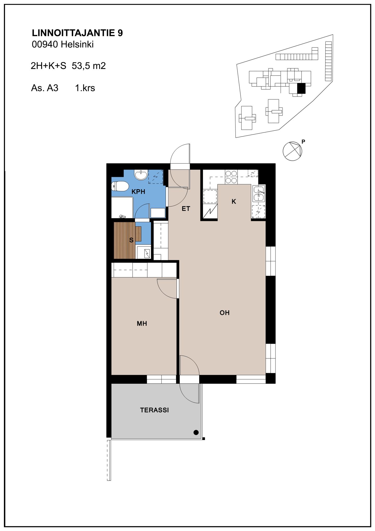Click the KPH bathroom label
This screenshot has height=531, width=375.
click(x=138, y=192)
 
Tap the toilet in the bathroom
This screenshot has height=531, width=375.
click(x=120, y=186)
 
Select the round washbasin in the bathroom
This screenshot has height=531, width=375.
click(x=141, y=175)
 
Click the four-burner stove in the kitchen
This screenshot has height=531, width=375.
click(x=231, y=177)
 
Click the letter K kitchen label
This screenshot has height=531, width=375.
click(x=234, y=202)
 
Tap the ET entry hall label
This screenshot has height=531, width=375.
click(x=186, y=209)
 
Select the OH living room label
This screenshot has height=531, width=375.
click(x=224, y=313)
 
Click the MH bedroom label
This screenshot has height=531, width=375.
click(x=142, y=324)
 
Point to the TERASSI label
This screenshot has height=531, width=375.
click(x=154, y=410)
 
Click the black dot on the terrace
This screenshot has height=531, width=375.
click(x=196, y=432)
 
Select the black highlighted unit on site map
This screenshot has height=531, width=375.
click(x=301, y=88)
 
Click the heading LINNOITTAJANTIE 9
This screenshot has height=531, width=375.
click(x=77, y=33)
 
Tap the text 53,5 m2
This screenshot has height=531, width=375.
click(x=89, y=66)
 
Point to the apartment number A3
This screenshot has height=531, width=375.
click(x=53, y=88)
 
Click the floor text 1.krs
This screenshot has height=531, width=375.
click(x=85, y=88)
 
